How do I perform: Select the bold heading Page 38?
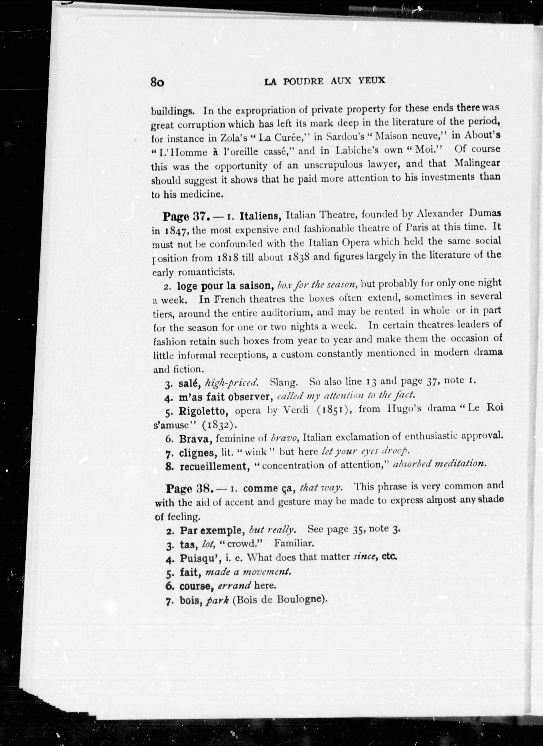tap(188, 489)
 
